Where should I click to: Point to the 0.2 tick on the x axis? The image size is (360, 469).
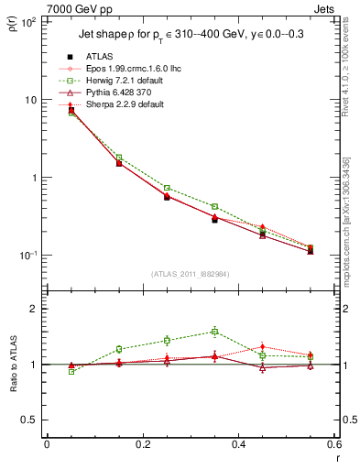click(142, 445)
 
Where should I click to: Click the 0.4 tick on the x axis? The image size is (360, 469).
click(238, 445)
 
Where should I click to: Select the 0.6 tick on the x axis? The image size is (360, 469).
click(333, 445)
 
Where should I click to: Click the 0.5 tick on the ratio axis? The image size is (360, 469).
click(32, 420)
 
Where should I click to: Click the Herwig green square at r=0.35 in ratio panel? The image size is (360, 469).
click(214, 332)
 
